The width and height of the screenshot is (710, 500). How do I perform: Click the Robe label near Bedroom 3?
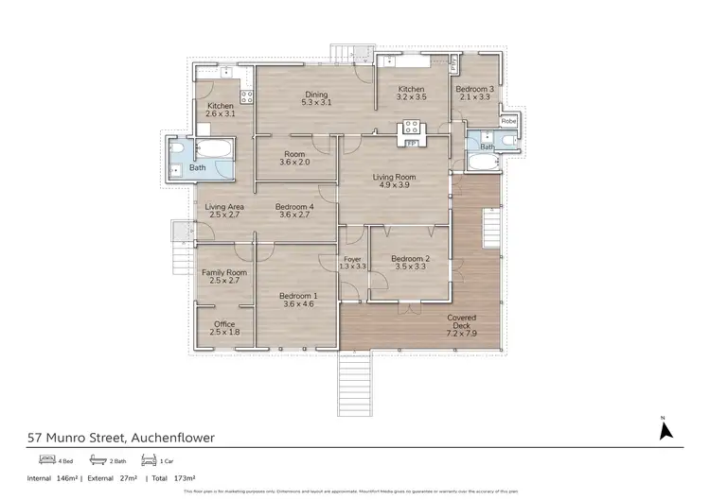(508, 121)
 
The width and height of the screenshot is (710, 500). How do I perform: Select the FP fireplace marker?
(413, 142)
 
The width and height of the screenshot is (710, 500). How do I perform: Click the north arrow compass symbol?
(665, 430)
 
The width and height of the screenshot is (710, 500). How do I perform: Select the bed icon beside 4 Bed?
(45, 460)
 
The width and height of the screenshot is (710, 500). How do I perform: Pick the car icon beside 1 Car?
(147, 460)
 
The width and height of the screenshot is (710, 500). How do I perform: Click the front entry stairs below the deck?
(355, 383)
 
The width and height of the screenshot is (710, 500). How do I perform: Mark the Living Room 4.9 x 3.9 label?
(393, 181)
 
